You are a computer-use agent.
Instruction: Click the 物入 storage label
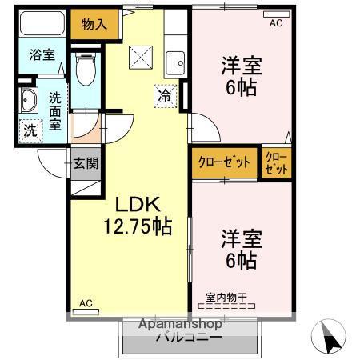pos(94,25)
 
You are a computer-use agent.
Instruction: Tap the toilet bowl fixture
pos(86,69)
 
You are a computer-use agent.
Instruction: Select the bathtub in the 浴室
pos(42,23)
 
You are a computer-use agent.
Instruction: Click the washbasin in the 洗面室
pos(29,100)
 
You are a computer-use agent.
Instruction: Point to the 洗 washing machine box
pos(31,131)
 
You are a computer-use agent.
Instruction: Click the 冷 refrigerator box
pos(166,96)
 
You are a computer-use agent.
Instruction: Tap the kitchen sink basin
pos(175,63)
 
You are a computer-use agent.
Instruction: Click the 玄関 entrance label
pos(86,163)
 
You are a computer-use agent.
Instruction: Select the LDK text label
pos(138,204)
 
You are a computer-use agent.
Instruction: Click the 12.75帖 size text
pos(138,226)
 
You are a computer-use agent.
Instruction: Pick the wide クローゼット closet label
pos(224,162)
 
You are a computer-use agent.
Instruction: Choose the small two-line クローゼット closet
pos(277,163)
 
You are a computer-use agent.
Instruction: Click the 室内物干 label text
pos(226,298)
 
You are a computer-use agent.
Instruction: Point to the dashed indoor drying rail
pos(226,306)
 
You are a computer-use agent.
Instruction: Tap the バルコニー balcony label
pos(189,337)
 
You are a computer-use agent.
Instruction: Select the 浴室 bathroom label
pos(42,54)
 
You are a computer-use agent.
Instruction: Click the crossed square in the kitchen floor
pos(141,58)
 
